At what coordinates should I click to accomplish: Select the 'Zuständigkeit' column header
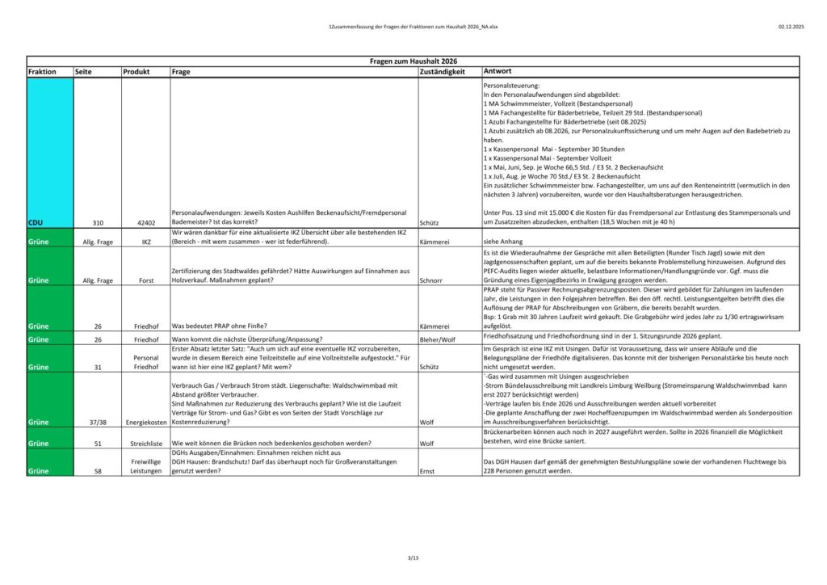pos(443,72)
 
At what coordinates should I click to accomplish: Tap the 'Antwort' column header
pos(498,72)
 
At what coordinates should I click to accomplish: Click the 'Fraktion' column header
pos(42,72)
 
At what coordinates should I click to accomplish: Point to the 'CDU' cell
pos(36,221)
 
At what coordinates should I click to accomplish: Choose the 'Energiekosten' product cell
pos(145,422)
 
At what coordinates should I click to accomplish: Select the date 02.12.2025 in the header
pos(792,27)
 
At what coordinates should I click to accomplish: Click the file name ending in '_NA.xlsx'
pos(413,27)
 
